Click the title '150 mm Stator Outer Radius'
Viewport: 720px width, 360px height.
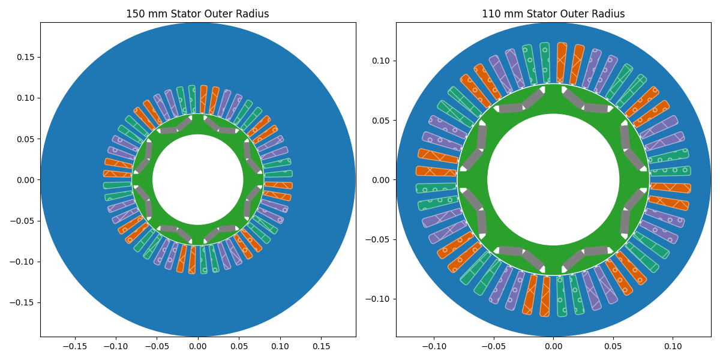point(197,14)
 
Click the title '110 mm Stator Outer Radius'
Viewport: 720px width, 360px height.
point(553,14)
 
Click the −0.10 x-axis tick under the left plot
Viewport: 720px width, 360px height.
point(116,346)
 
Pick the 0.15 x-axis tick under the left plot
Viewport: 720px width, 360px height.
point(321,346)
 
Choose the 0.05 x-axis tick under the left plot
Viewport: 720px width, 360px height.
point(239,346)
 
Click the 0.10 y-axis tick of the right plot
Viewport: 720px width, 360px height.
point(381,61)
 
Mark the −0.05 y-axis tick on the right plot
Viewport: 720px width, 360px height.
point(379,239)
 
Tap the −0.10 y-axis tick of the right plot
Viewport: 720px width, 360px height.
point(379,299)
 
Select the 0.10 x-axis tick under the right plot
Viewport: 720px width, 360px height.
point(673,346)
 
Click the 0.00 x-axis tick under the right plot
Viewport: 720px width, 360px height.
point(553,346)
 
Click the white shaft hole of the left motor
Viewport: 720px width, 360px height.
point(197,179)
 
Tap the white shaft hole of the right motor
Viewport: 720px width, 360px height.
point(553,179)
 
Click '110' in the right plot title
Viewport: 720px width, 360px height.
point(491,14)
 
